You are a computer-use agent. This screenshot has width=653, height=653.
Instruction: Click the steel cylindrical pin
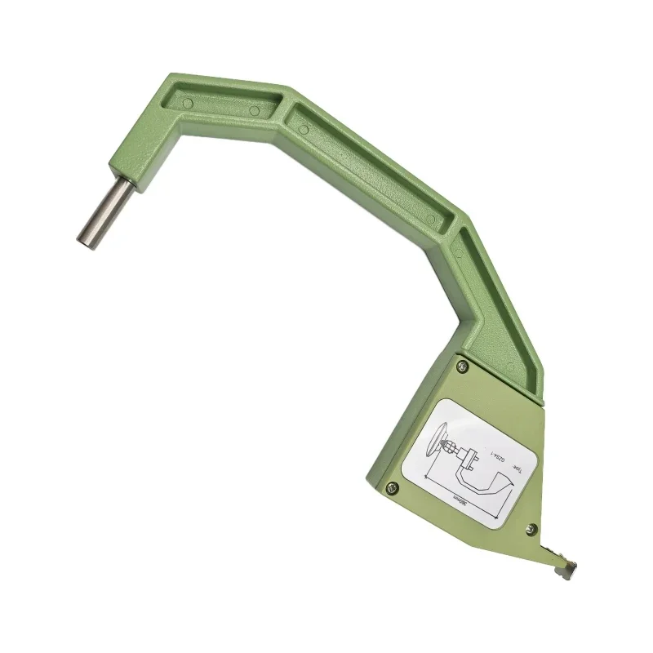tap(104, 212)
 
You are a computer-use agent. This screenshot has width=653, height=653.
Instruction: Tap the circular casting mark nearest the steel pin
tap(188, 104)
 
